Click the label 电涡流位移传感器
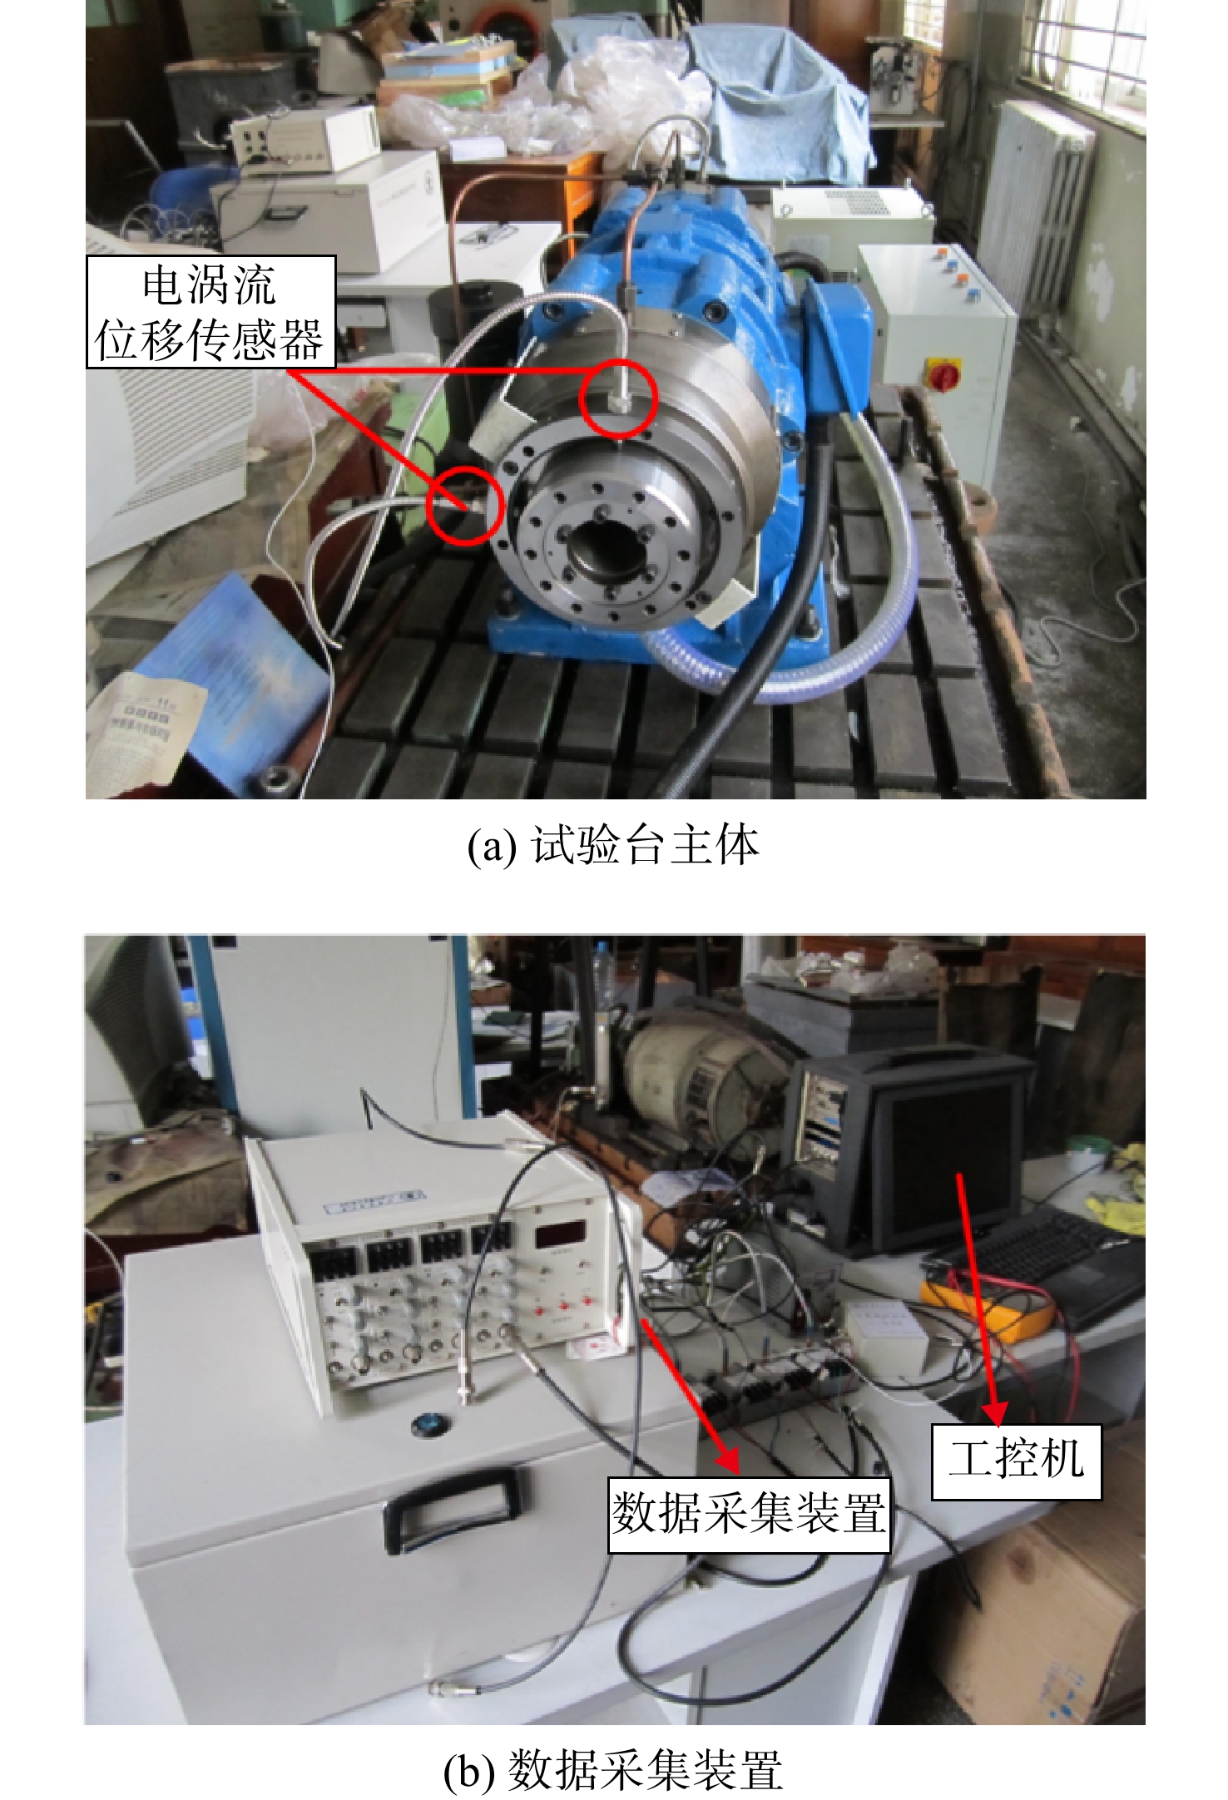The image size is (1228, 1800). click(210, 312)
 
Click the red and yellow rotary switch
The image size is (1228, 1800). click(944, 374)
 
